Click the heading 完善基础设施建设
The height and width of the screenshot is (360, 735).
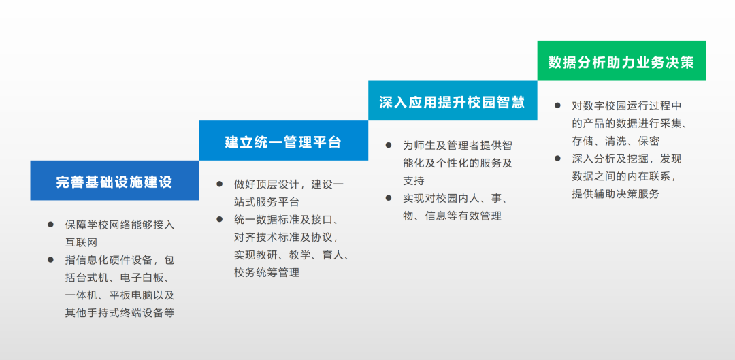point(114,182)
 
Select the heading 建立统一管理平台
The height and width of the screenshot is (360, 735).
point(283,142)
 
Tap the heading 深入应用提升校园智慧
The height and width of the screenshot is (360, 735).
point(453,101)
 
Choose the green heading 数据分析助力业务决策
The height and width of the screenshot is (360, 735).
point(621,62)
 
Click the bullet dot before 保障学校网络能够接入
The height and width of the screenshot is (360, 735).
point(50,225)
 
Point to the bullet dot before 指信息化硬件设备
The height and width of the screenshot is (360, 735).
point(50,260)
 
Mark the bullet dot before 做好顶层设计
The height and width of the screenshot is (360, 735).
point(219,184)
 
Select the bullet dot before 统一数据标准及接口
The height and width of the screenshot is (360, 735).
point(219,219)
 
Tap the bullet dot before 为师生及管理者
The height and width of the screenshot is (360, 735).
point(389,145)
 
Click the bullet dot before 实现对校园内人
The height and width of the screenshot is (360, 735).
point(389,198)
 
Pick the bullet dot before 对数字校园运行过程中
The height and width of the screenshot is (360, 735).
point(557,105)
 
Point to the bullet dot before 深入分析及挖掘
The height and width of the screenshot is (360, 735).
point(557,159)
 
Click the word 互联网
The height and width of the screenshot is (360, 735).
point(81,242)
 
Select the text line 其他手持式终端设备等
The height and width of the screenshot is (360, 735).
point(120,312)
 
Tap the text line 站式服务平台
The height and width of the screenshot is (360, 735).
point(266,202)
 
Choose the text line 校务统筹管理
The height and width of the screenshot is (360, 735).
point(266,273)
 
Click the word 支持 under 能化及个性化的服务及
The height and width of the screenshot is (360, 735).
point(414,180)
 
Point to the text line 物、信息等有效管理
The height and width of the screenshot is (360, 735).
point(452,216)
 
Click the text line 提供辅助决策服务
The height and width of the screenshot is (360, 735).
point(615,194)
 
